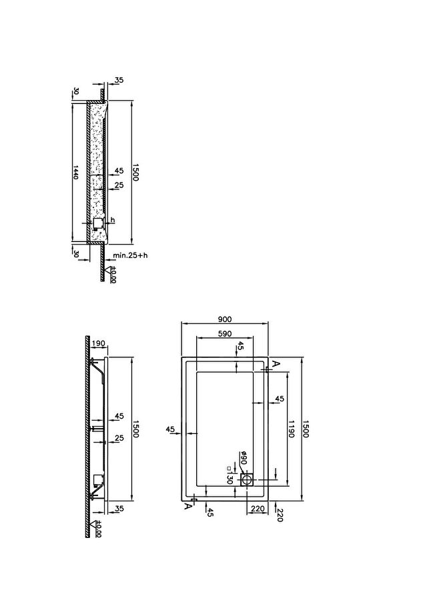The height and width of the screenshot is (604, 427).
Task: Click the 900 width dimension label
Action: tap(225, 319)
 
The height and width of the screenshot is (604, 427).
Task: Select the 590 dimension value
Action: tap(225, 333)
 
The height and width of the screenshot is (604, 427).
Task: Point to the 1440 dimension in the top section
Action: tap(76, 172)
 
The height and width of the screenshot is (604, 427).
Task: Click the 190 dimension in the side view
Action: tap(99, 343)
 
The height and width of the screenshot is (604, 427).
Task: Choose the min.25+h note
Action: tap(130, 255)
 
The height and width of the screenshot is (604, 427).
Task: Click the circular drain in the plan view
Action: tap(246, 480)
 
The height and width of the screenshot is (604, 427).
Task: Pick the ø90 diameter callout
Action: tap(243, 457)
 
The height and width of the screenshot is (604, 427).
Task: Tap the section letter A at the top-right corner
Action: tap(276, 363)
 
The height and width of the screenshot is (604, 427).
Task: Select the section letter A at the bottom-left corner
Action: tap(187, 506)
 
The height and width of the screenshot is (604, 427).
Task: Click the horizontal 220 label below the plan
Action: tap(258, 509)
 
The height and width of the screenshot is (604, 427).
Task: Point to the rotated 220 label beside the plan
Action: tap(280, 515)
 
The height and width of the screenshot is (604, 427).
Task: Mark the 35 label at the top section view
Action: tap(119, 81)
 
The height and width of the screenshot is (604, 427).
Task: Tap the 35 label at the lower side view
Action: tap(119, 509)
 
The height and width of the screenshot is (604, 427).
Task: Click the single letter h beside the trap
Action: tap(113, 220)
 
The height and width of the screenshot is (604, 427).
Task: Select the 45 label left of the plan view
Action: tap(170, 429)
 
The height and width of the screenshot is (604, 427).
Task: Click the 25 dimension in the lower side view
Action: tap(119, 438)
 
